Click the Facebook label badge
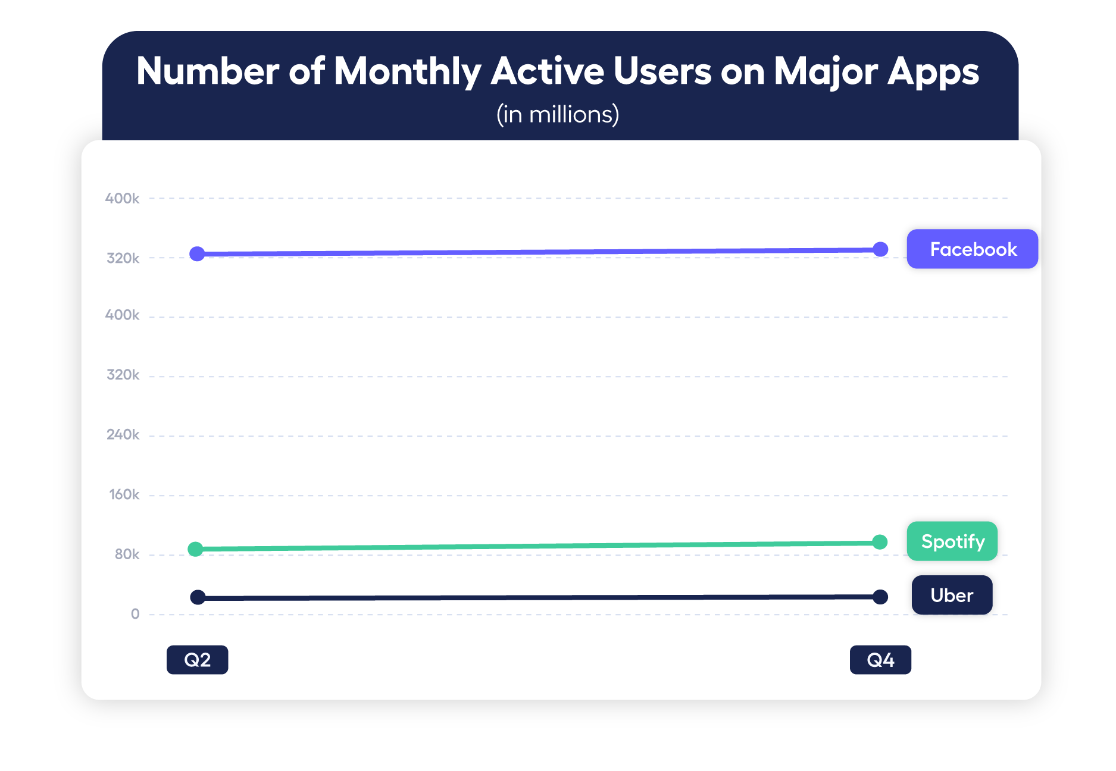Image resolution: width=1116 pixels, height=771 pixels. (972, 249)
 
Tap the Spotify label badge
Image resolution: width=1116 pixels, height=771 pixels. (952, 541)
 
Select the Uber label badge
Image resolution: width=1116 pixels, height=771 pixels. (951, 595)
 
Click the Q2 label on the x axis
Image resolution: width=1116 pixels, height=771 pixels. (197, 659)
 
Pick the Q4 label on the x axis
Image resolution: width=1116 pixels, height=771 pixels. (880, 659)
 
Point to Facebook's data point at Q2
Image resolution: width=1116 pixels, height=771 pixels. (197, 254)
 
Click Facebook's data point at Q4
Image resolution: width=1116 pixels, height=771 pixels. (880, 249)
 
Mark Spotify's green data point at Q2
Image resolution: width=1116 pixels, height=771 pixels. (195, 549)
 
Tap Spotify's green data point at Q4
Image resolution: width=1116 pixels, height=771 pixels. (880, 542)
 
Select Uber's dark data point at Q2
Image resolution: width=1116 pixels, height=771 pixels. (198, 597)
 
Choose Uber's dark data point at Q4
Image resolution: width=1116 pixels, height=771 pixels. (880, 597)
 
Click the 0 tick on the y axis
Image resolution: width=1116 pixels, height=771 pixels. (135, 614)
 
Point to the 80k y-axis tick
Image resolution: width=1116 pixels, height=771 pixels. (127, 554)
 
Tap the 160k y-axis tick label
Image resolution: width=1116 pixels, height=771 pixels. (124, 494)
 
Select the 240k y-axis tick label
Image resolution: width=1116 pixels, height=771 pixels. (123, 435)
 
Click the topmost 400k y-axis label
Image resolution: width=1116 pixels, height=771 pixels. (122, 198)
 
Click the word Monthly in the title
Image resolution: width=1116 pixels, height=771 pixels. (408, 71)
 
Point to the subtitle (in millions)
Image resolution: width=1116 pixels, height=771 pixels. (558, 114)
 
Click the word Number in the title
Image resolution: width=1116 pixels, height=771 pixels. (208, 71)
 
